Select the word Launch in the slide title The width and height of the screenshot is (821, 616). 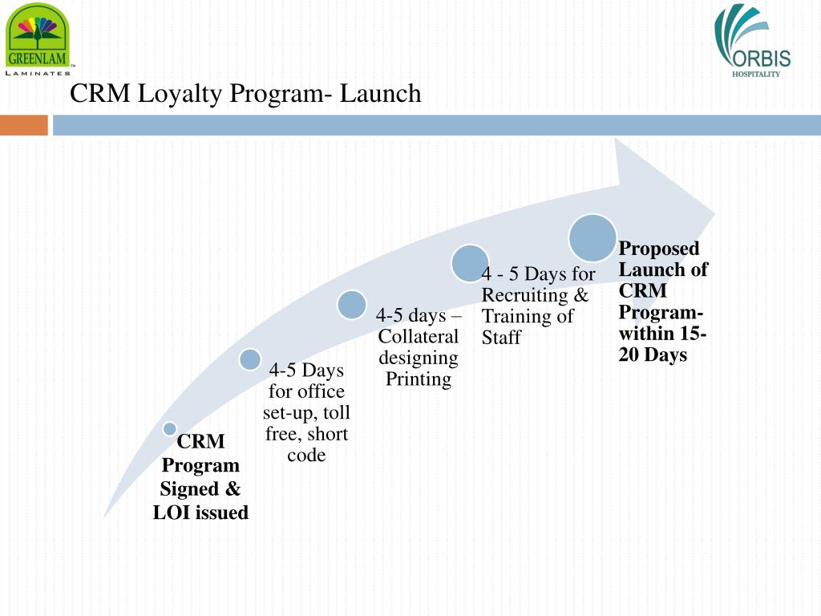point(380,94)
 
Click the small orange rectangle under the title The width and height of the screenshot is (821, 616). point(23,125)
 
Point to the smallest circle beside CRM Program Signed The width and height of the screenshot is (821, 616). point(170,429)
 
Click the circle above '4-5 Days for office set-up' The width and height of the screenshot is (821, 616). point(250,359)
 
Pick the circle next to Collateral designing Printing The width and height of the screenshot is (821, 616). point(351,304)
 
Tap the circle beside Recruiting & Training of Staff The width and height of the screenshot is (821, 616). point(470,263)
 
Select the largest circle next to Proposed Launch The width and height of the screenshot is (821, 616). point(592,237)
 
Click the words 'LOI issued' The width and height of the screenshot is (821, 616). point(200,513)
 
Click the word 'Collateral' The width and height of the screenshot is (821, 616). point(419,337)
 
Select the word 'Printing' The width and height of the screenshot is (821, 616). point(419,379)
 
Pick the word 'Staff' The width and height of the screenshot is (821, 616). point(501,338)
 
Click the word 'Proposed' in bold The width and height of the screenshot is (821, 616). point(659,249)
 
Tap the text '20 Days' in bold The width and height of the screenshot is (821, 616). point(653,355)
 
